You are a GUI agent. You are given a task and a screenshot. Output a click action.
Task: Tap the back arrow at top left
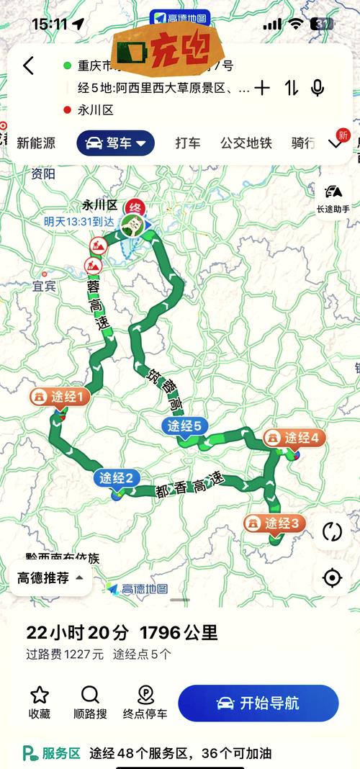[x=28, y=66]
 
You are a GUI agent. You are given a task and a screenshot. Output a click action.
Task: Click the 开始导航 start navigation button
[x=258, y=703]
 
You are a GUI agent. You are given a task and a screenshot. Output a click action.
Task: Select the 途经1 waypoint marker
[x=60, y=397]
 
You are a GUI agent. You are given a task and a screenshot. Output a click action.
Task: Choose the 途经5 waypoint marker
[x=185, y=426]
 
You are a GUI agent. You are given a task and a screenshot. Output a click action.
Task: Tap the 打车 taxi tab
[x=187, y=143]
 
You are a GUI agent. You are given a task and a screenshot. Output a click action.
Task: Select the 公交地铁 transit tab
[x=246, y=143]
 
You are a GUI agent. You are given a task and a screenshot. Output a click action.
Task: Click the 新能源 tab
[x=36, y=143]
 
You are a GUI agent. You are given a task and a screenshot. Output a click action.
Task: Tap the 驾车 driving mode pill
[x=115, y=143]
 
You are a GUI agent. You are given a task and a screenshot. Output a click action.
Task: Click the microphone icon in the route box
[x=317, y=88]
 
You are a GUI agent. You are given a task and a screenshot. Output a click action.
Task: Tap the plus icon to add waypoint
[x=262, y=88]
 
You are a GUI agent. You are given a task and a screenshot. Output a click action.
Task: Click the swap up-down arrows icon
[x=291, y=88]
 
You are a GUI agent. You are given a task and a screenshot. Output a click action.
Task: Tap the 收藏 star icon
[x=40, y=696]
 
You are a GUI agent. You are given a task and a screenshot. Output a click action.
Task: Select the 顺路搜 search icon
[x=90, y=696]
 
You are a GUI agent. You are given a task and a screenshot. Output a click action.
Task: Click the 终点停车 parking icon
[x=145, y=696]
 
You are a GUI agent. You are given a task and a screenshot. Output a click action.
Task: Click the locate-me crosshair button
[x=332, y=577]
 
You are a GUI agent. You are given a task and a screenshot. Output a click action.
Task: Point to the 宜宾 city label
[x=44, y=286]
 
